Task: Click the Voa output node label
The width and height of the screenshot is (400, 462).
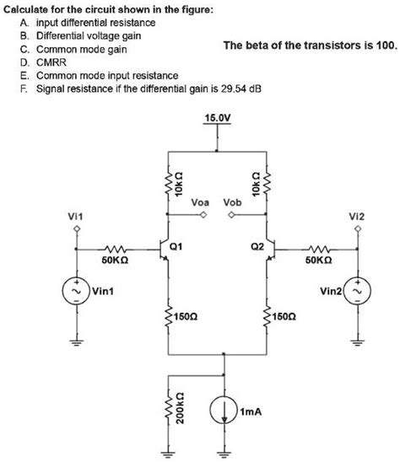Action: [200, 203]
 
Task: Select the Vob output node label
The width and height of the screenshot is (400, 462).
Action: [232, 203]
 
